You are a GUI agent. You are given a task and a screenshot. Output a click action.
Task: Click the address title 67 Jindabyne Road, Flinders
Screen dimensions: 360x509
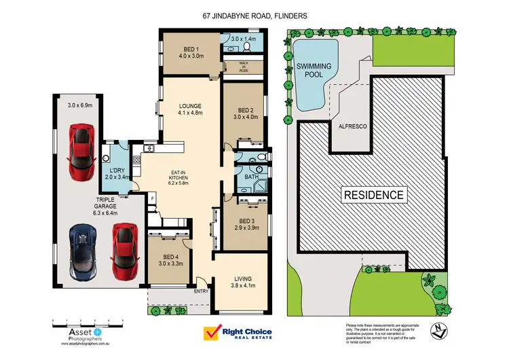coord(254,14)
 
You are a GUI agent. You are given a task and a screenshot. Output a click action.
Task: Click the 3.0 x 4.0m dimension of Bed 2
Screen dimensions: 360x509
coord(247,117)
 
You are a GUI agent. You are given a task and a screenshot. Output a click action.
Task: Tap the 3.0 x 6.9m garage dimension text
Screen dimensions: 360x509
coord(80,105)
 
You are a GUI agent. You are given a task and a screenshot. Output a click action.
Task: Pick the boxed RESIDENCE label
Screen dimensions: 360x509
coord(374,195)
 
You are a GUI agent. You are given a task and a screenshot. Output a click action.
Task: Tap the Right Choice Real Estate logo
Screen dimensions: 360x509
coord(238,334)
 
